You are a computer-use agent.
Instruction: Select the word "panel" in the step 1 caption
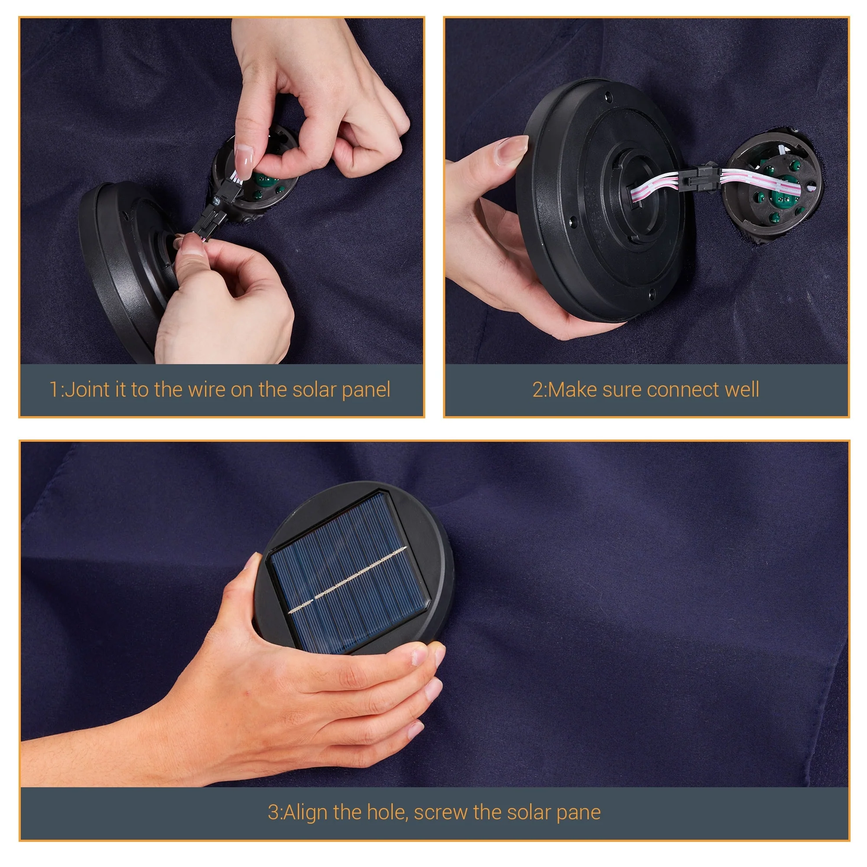tap(366, 391)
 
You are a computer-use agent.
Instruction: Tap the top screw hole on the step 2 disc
tap(609, 97)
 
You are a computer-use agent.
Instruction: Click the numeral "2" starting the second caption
tap(538, 390)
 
